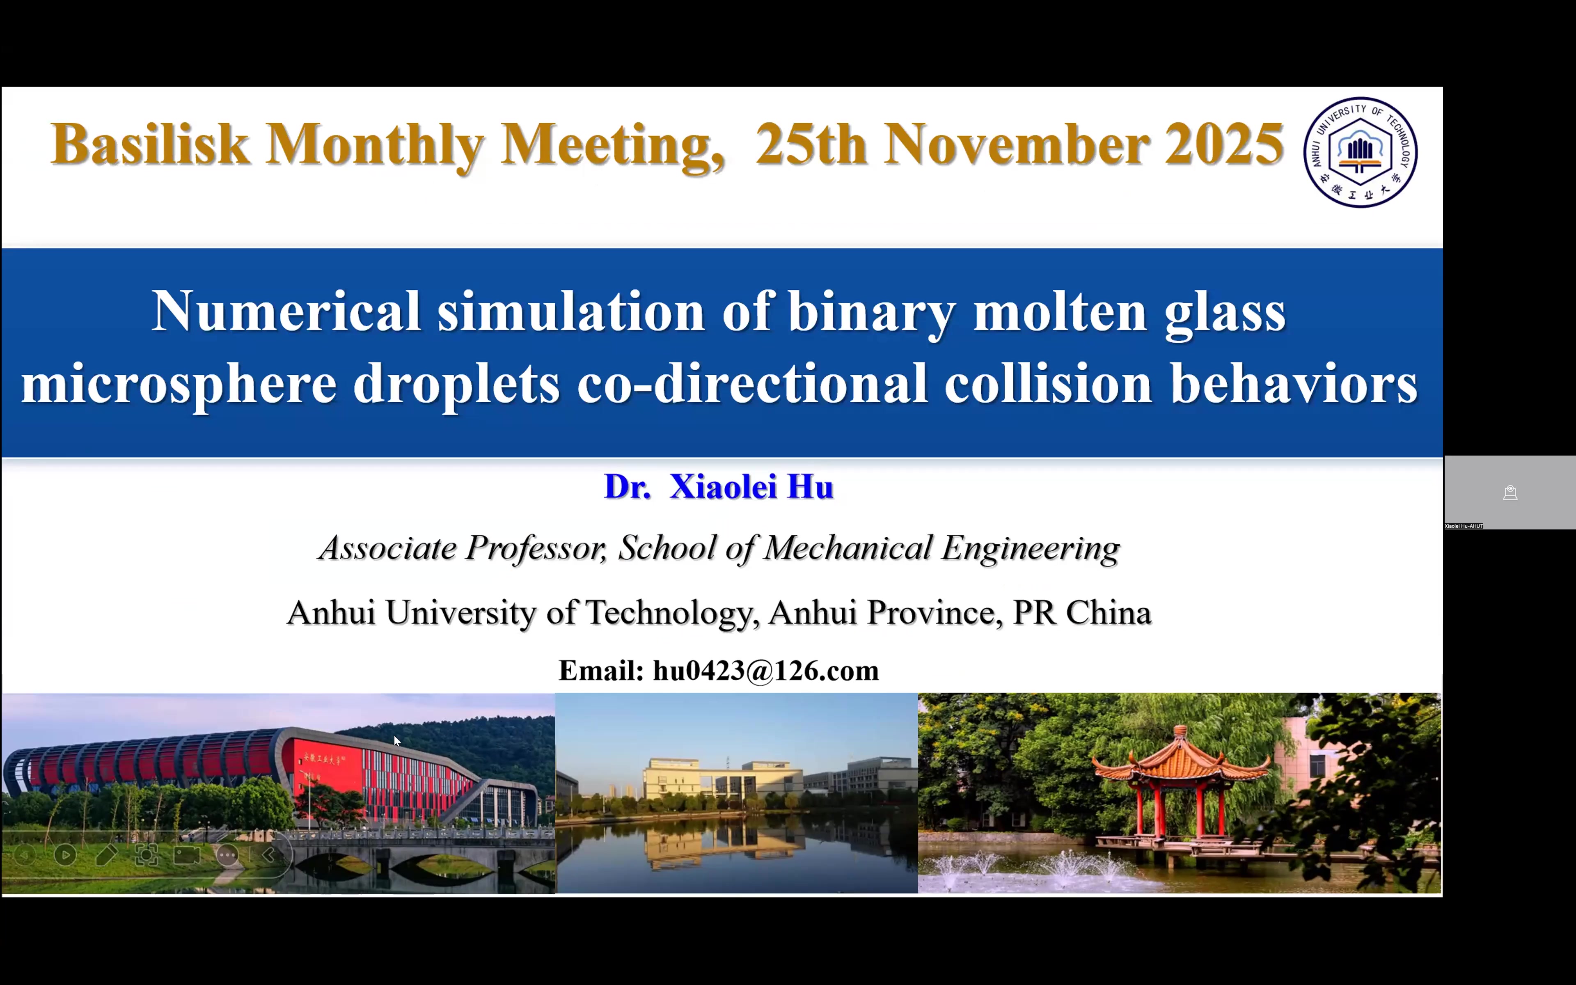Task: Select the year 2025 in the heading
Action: [1224, 144]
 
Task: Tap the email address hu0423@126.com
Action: [766, 670]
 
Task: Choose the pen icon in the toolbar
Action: [106, 855]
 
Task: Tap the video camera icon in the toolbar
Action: [187, 855]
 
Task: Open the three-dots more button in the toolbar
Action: [227, 855]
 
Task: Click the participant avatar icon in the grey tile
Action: [1510, 493]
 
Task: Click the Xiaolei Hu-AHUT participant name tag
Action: [1464, 526]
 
